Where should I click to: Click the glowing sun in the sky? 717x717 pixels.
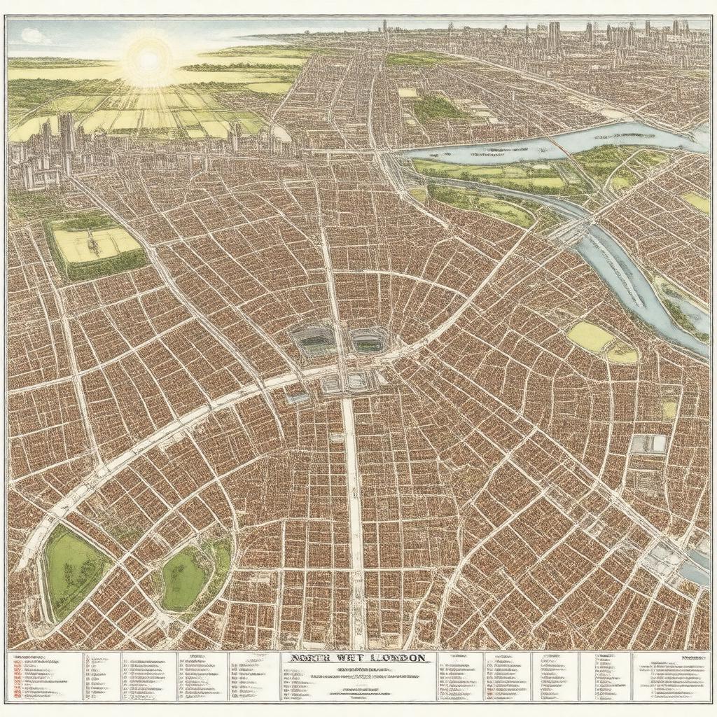(x=148, y=60)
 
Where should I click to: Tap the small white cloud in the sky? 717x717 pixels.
(x=32, y=36)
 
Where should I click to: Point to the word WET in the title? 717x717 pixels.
(x=343, y=658)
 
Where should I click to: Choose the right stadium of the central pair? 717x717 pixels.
(x=367, y=340)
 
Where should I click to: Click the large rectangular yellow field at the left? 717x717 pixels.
(x=97, y=245)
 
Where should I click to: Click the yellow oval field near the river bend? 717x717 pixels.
(x=590, y=337)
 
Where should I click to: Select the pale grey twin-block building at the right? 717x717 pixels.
(x=648, y=443)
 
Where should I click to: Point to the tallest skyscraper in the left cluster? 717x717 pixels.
(x=67, y=133)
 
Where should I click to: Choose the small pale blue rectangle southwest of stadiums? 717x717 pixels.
(x=297, y=398)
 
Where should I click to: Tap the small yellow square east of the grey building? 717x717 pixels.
(x=669, y=409)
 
